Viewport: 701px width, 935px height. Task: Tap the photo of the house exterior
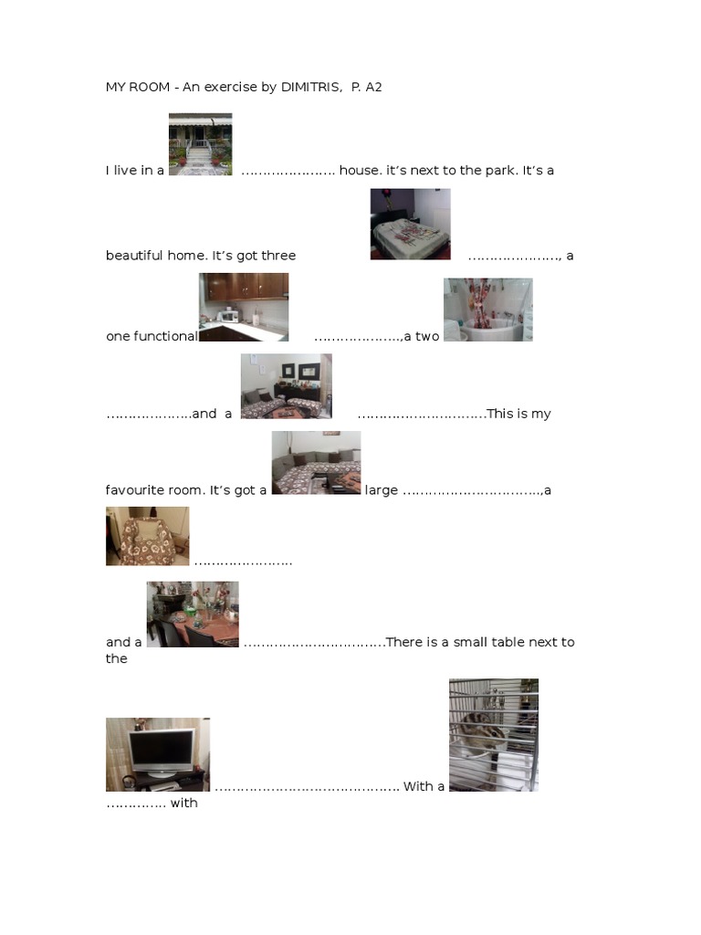point(200,144)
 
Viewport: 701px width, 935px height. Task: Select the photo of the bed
point(410,224)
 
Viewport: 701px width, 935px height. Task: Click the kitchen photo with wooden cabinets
point(244,307)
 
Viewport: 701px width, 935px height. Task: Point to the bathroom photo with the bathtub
point(487,310)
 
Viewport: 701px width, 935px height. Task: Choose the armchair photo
point(147,536)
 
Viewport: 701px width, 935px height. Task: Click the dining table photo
point(193,615)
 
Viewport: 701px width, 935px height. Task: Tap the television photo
point(157,754)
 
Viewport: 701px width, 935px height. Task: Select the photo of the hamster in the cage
point(493,734)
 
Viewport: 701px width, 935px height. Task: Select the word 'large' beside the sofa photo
point(382,490)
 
